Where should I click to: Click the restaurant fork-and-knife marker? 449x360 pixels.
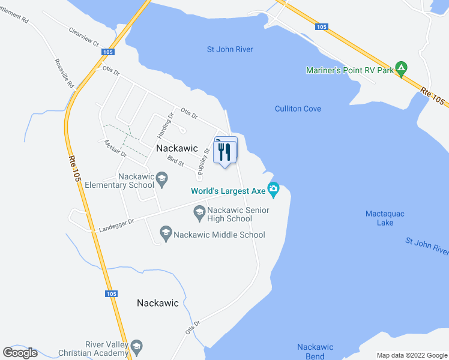225,152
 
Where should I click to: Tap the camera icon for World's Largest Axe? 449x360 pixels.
274,190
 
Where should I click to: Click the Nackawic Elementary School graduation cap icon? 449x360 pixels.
161,178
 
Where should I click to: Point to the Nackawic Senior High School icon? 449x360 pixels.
199,211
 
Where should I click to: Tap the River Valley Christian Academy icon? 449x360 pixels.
136,347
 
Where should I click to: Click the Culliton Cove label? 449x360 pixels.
298,109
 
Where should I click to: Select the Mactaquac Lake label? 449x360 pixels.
379,218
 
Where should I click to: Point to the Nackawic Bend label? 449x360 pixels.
310,352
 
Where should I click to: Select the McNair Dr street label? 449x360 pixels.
115,148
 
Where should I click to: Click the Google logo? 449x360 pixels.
20,353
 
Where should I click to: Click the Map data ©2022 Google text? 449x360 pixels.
411,355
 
